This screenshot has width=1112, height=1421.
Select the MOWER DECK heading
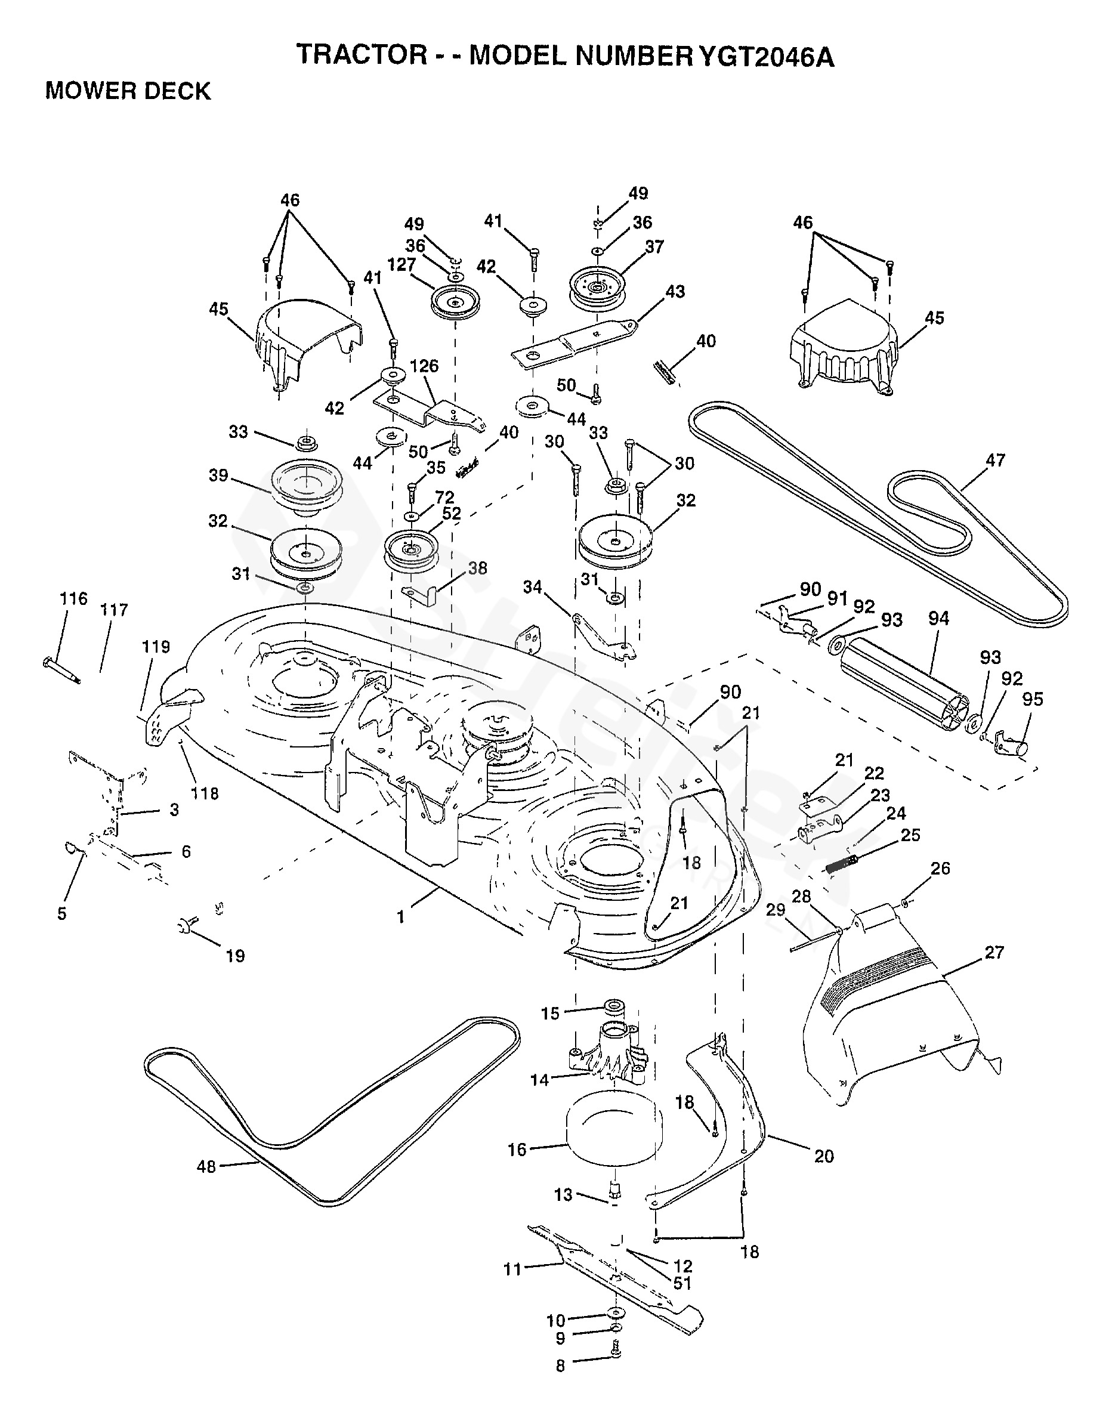[x=128, y=91]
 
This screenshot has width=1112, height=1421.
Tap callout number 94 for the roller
[x=939, y=619]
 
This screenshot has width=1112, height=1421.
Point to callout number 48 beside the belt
[x=206, y=1167]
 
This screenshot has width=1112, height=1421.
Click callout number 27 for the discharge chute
[x=994, y=952]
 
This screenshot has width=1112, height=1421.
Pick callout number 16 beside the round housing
[x=517, y=1150]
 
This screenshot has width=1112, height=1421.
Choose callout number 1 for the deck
[x=401, y=917]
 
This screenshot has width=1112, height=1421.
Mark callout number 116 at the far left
[x=73, y=599]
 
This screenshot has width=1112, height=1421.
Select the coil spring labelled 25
[x=843, y=866]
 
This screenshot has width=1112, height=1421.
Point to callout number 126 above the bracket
[x=425, y=366]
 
